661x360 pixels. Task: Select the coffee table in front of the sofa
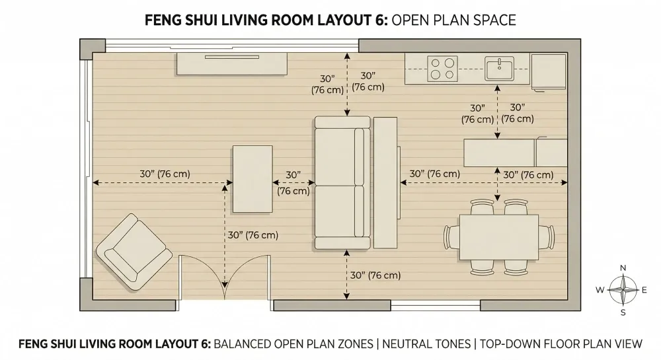(x=252, y=179)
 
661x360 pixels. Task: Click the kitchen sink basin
(x=499, y=68)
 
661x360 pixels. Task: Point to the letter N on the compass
(x=622, y=268)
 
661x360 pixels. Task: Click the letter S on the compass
(x=622, y=312)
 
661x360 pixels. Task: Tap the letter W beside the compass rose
(x=600, y=290)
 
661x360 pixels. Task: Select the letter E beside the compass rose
(x=644, y=290)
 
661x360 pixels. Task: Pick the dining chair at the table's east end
(x=547, y=236)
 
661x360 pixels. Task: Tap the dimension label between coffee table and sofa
(x=293, y=183)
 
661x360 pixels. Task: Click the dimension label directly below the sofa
(x=375, y=275)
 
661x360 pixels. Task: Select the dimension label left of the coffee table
(x=165, y=174)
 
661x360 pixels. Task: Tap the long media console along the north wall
(x=231, y=65)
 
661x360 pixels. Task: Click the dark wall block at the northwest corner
(x=92, y=47)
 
